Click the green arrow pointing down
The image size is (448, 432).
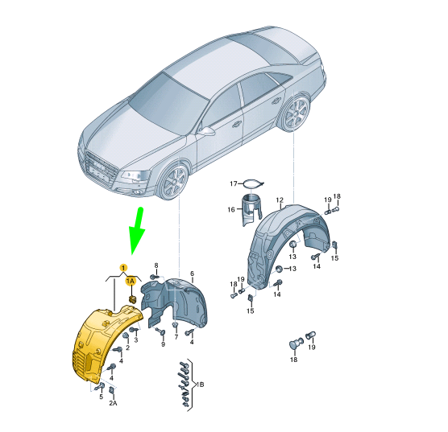[138, 231]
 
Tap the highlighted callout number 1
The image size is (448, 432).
[123, 268]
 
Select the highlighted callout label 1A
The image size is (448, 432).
[131, 282]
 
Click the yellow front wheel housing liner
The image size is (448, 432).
[103, 343]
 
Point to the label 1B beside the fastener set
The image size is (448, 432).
[200, 385]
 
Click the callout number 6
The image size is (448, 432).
[192, 274]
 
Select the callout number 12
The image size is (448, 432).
[280, 200]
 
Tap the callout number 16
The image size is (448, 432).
[231, 210]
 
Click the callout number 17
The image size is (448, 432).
[234, 183]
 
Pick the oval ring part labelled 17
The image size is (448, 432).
[253, 184]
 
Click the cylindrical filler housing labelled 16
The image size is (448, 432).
[251, 210]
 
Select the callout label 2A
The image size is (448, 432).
[113, 403]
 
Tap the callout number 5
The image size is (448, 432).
[102, 397]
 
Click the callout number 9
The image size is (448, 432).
[163, 344]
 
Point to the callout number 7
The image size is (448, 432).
[176, 337]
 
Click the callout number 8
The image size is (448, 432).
[156, 265]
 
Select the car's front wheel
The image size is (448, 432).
[173, 183]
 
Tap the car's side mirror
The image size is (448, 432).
[206, 132]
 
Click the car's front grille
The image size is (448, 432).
[101, 169]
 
